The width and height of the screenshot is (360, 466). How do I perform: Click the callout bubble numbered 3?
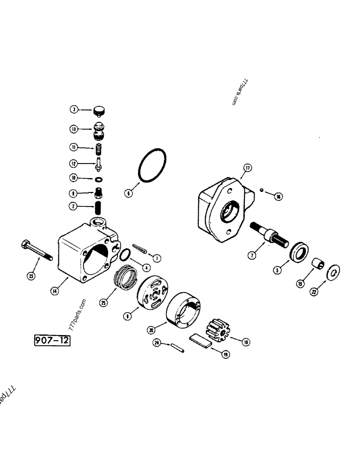click(74, 110)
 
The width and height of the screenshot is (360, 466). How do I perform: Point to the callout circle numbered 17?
click(247, 168)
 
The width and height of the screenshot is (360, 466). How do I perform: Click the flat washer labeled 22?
click(335, 271)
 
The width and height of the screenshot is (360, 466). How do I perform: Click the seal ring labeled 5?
click(299, 254)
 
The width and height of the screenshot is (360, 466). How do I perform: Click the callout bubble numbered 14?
click(55, 292)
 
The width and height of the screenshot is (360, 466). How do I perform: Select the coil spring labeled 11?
click(98, 150)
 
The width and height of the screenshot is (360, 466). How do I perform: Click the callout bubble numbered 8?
click(127, 315)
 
